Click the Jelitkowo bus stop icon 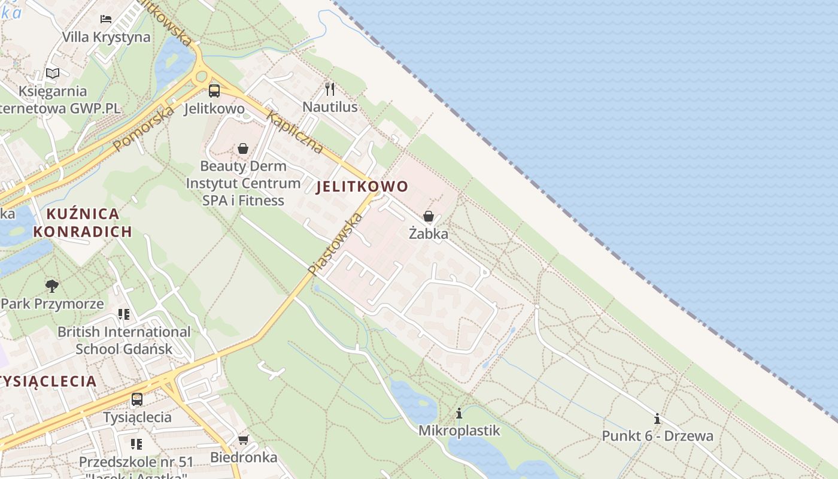click(x=214, y=91)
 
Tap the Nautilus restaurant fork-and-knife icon click(x=329, y=89)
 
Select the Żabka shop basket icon click(x=429, y=216)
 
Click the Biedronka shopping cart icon click(x=243, y=440)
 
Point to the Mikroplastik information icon click(x=459, y=413)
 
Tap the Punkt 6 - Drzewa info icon click(x=657, y=419)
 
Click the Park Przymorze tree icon click(x=52, y=286)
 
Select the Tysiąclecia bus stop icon click(x=137, y=399)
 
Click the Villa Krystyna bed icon click(x=106, y=19)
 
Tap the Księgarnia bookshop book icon click(x=53, y=74)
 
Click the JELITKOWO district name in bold click(x=362, y=186)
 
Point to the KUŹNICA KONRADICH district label click(x=83, y=223)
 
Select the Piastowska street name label click(x=335, y=244)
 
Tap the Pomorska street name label click(x=144, y=128)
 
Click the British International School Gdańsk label click(x=124, y=340)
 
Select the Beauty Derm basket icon click(x=243, y=148)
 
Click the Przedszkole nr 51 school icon click(x=136, y=444)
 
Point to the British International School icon click(x=124, y=314)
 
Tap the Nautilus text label click(x=330, y=107)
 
